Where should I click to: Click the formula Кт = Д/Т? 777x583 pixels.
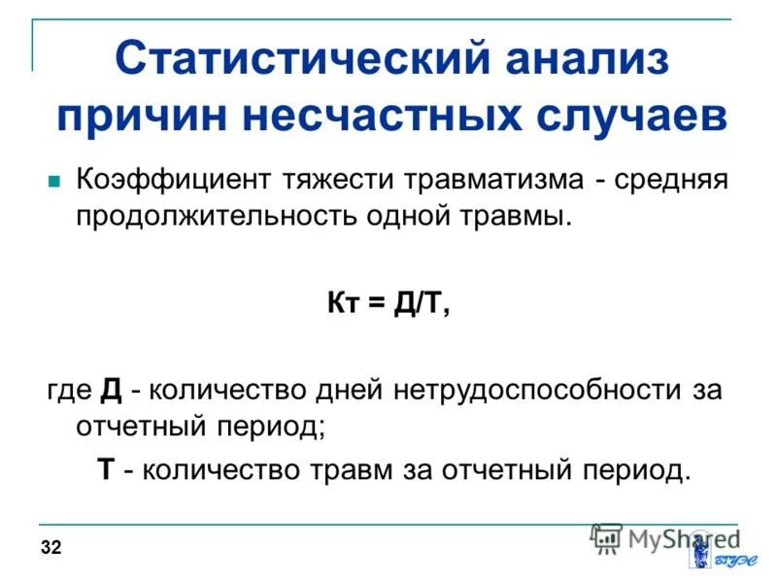(388, 303)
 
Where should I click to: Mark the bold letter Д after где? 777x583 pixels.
(111, 391)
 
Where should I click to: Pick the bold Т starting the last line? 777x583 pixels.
(107, 470)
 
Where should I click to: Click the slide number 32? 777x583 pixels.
(51, 549)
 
